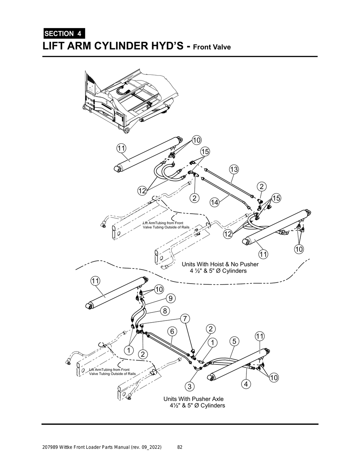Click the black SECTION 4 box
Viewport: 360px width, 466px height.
[x=63, y=34]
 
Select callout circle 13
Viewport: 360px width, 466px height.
[x=234, y=169]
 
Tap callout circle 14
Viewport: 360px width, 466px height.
[x=214, y=202]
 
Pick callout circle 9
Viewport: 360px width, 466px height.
[x=170, y=298]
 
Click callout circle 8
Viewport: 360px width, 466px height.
[x=165, y=310]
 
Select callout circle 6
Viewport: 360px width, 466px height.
[x=172, y=331]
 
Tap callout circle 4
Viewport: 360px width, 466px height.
[x=246, y=384]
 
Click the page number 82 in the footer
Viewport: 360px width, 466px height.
[x=180, y=447]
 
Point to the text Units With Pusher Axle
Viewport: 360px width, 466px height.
[x=193, y=399]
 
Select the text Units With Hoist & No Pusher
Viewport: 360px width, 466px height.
[x=220, y=264]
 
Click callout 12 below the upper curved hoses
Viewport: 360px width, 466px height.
[x=142, y=191]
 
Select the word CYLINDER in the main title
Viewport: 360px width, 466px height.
[x=127, y=46]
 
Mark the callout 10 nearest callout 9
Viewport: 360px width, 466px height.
[x=159, y=289]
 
